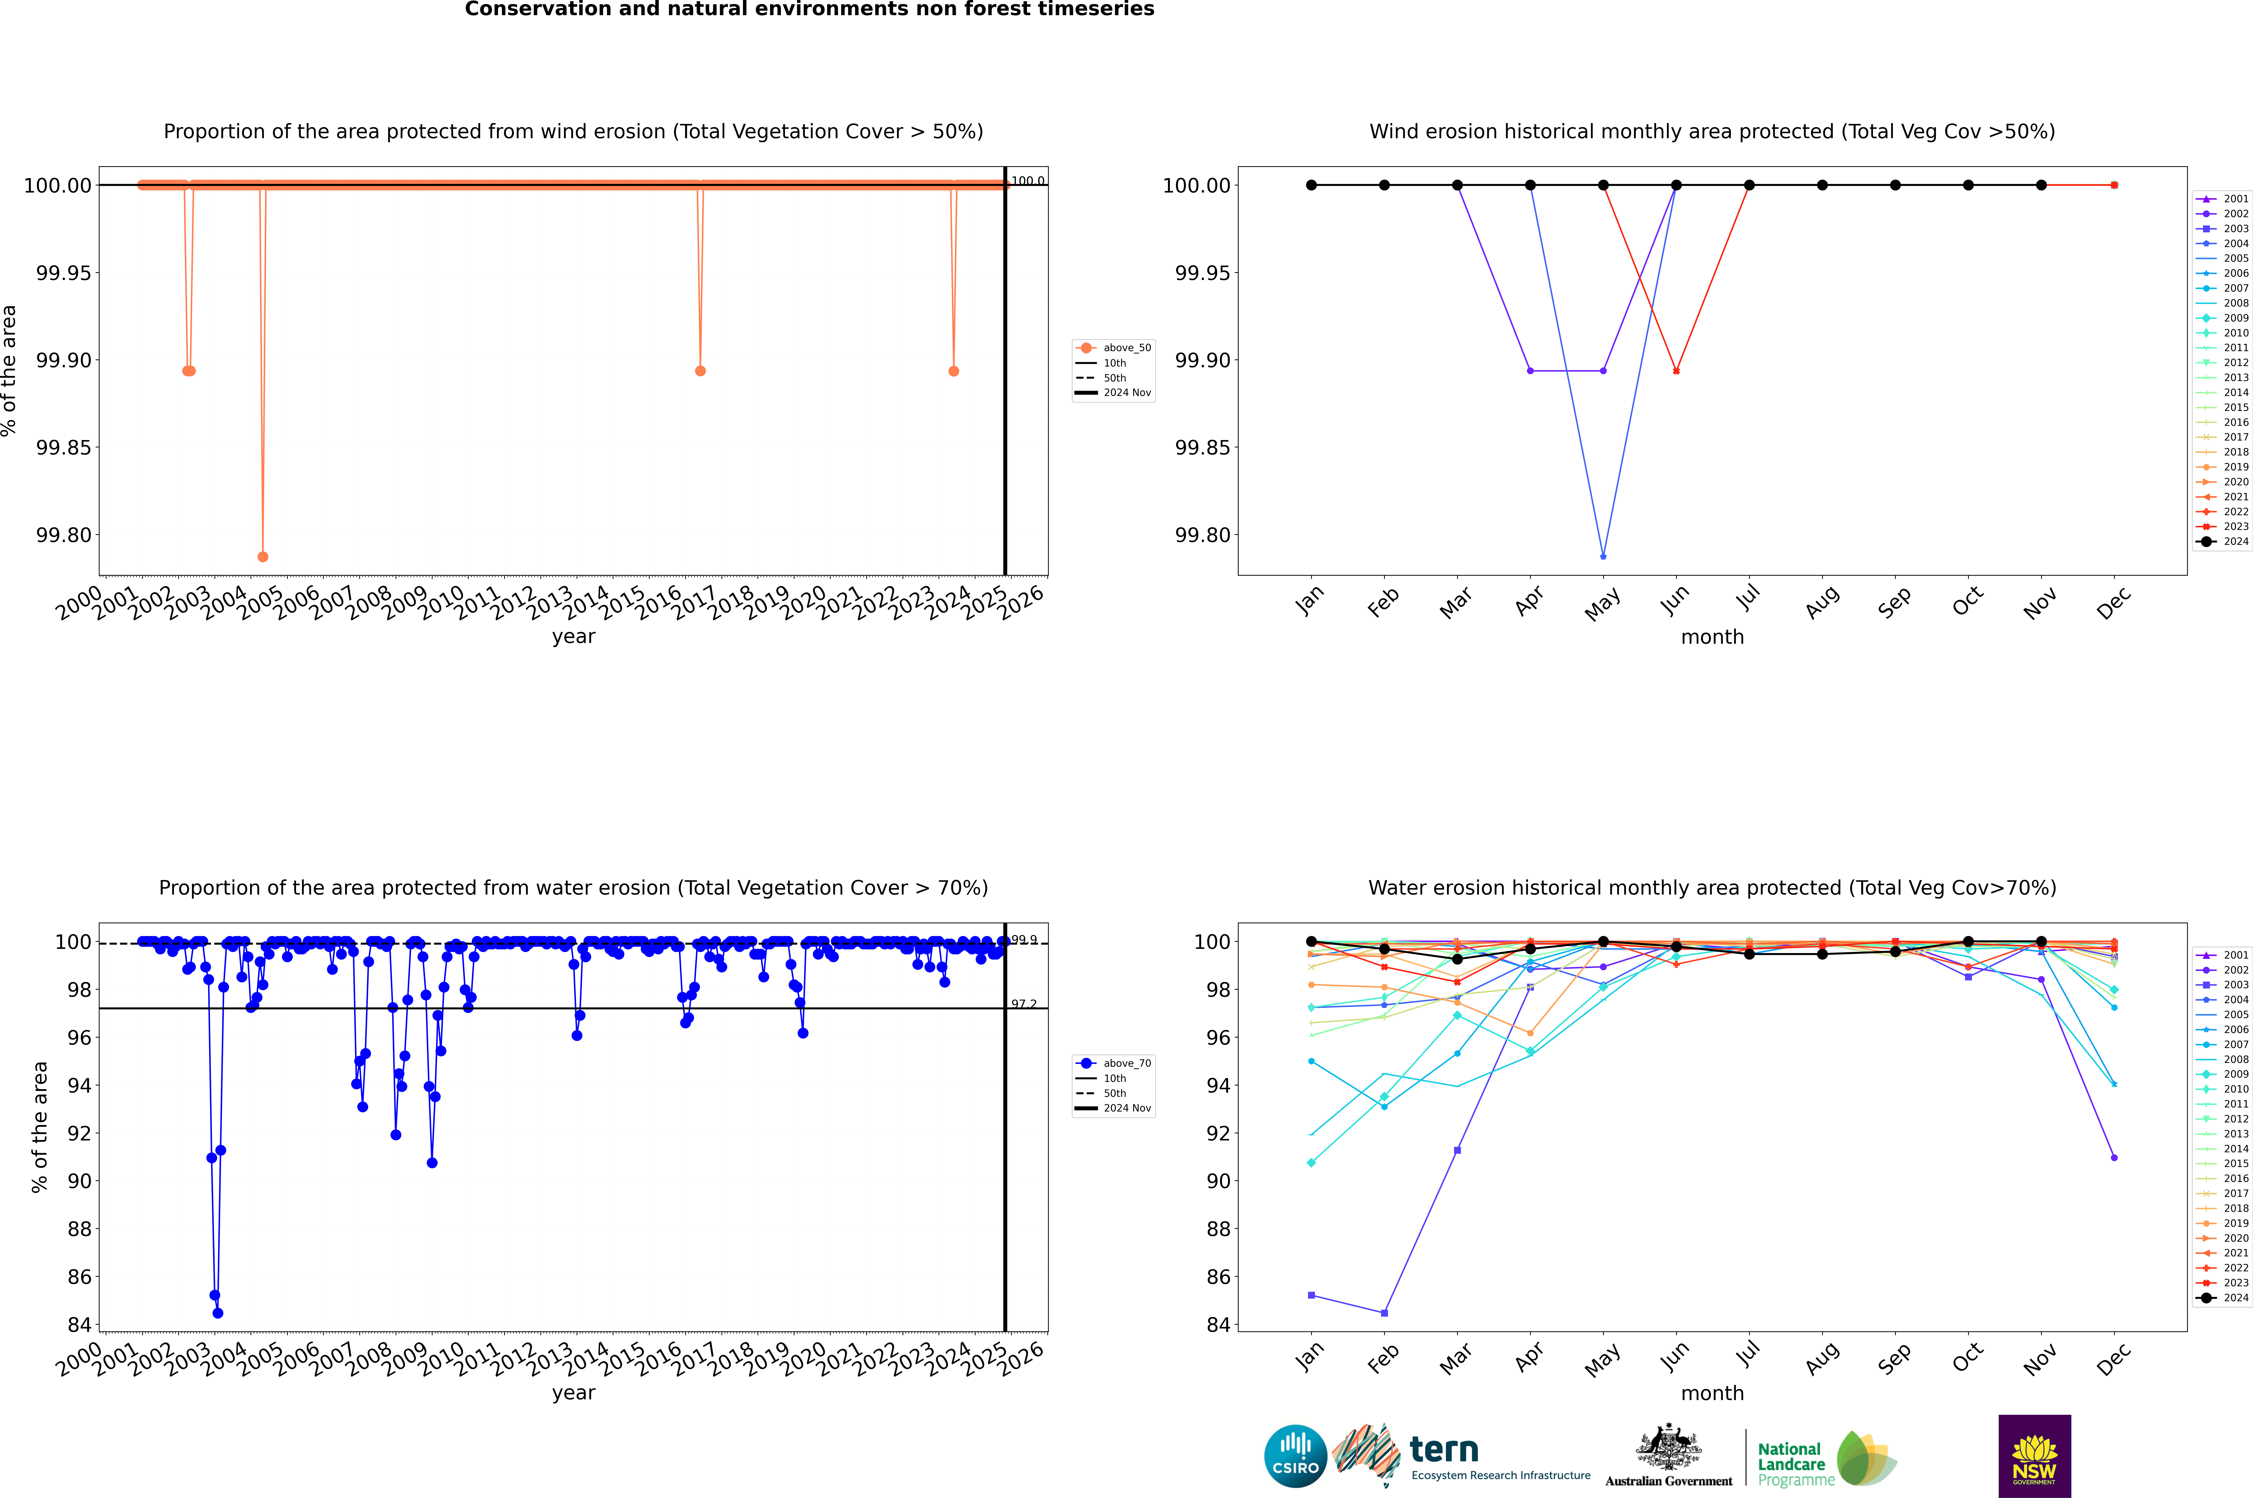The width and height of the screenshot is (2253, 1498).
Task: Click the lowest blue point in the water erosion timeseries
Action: pos(218,1313)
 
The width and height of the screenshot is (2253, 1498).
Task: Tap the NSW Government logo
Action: pos(2034,1456)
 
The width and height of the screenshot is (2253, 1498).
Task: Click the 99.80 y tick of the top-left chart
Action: pos(63,535)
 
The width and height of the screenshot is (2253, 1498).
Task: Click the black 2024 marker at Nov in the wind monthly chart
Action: pos(2041,185)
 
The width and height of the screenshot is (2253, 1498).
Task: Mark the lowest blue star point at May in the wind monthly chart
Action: pos(1603,556)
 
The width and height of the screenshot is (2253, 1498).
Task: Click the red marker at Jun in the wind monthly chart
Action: pos(1676,371)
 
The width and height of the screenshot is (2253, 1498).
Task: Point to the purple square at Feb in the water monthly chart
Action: pos(1384,1313)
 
